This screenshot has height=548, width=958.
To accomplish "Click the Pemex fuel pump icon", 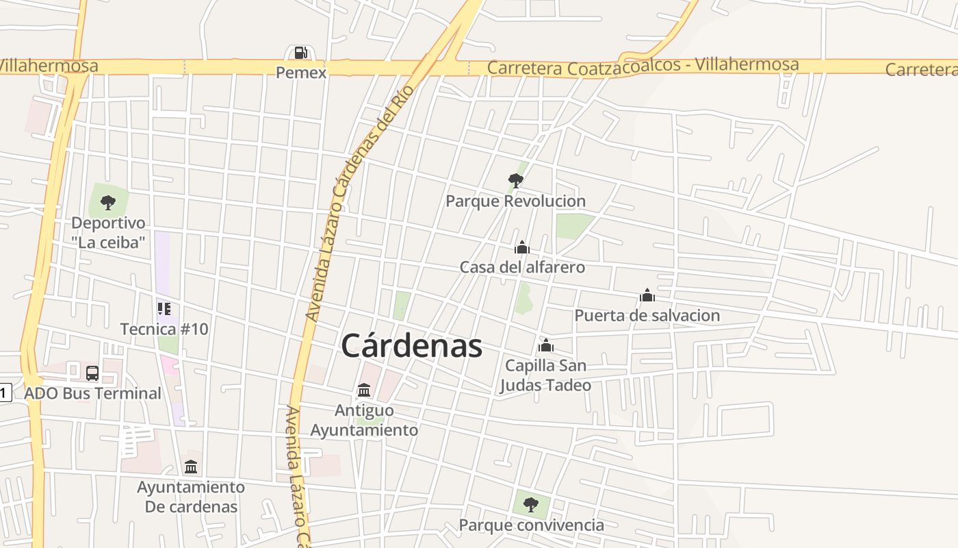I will (x=300, y=53).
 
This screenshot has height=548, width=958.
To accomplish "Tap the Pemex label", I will (x=301, y=72).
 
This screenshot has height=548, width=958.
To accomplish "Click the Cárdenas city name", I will (x=411, y=346).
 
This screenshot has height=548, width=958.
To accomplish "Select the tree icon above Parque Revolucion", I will (x=516, y=181).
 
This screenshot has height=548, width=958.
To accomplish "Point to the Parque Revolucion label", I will (x=515, y=201).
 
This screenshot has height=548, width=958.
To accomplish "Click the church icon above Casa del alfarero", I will (x=522, y=247).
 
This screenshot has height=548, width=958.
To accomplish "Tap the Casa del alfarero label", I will (x=522, y=267).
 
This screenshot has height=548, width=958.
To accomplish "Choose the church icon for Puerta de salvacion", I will (x=647, y=295).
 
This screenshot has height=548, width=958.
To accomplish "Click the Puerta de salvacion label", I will (x=647, y=316).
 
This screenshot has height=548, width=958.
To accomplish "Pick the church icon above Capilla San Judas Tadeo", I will (x=545, y=345).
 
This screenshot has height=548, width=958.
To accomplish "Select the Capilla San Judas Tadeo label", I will (x=545, y=375).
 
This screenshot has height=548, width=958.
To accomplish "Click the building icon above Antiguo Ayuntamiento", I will (x=364, y=390).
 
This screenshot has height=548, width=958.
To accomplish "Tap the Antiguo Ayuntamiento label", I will (x=364, y=420).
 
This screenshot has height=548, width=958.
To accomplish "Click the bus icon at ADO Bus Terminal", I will (x=92, y=373).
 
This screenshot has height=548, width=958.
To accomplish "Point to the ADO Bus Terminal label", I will (x=92, y=393).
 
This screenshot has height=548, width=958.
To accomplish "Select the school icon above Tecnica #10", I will (x=164, y=309).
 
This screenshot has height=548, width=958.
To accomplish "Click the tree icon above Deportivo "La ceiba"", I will (x=108, y=202).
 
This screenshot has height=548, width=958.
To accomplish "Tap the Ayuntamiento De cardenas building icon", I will (x=191, y=467).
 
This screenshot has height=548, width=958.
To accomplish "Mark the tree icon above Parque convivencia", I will (x=531, y=506).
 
